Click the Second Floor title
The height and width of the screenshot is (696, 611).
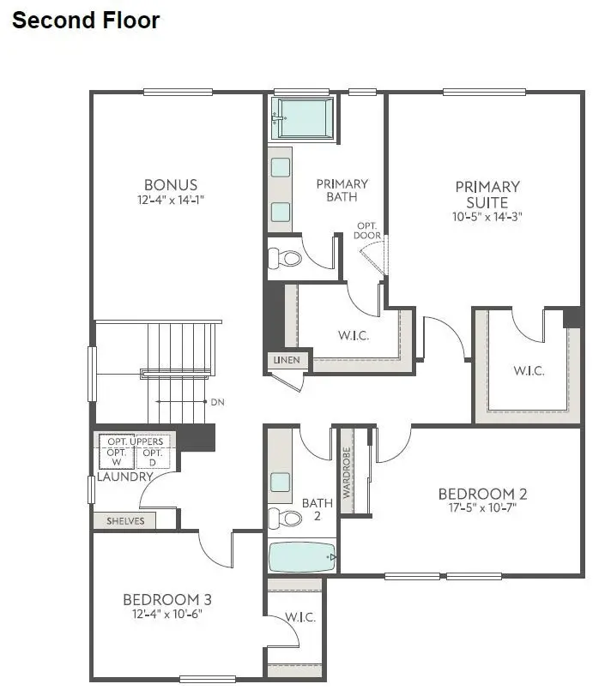[86, 21]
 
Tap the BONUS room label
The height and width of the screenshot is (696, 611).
[171, 184]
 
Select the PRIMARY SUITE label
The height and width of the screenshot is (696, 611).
[487, 195]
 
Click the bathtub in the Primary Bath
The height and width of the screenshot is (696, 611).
[303, 117]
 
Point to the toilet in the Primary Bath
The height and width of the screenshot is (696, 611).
[286, 257]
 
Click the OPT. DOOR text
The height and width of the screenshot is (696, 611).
[369, 231]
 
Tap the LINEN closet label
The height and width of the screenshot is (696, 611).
[287, 360]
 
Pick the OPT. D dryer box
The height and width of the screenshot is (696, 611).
[151, 457]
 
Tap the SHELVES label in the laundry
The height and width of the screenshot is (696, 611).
[124, 520]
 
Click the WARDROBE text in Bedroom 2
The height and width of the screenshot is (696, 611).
[347, 472]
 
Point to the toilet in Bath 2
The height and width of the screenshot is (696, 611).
[286, 518]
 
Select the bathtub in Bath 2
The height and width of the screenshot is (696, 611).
[303, 557]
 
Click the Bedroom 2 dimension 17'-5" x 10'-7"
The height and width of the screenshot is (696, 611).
[482, 508]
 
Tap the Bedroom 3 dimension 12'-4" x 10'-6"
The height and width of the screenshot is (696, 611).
[166, 614]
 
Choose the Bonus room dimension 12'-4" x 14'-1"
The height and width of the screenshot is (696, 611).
[171, 200]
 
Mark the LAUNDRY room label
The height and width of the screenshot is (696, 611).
[124, 477]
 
